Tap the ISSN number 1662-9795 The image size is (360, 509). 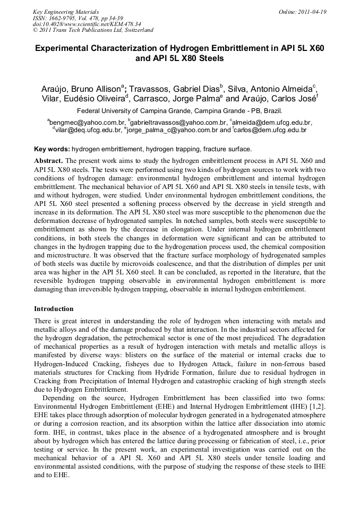(63, 18)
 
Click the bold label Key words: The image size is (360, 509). (52, 150)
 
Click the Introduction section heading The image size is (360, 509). (54, 309)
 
